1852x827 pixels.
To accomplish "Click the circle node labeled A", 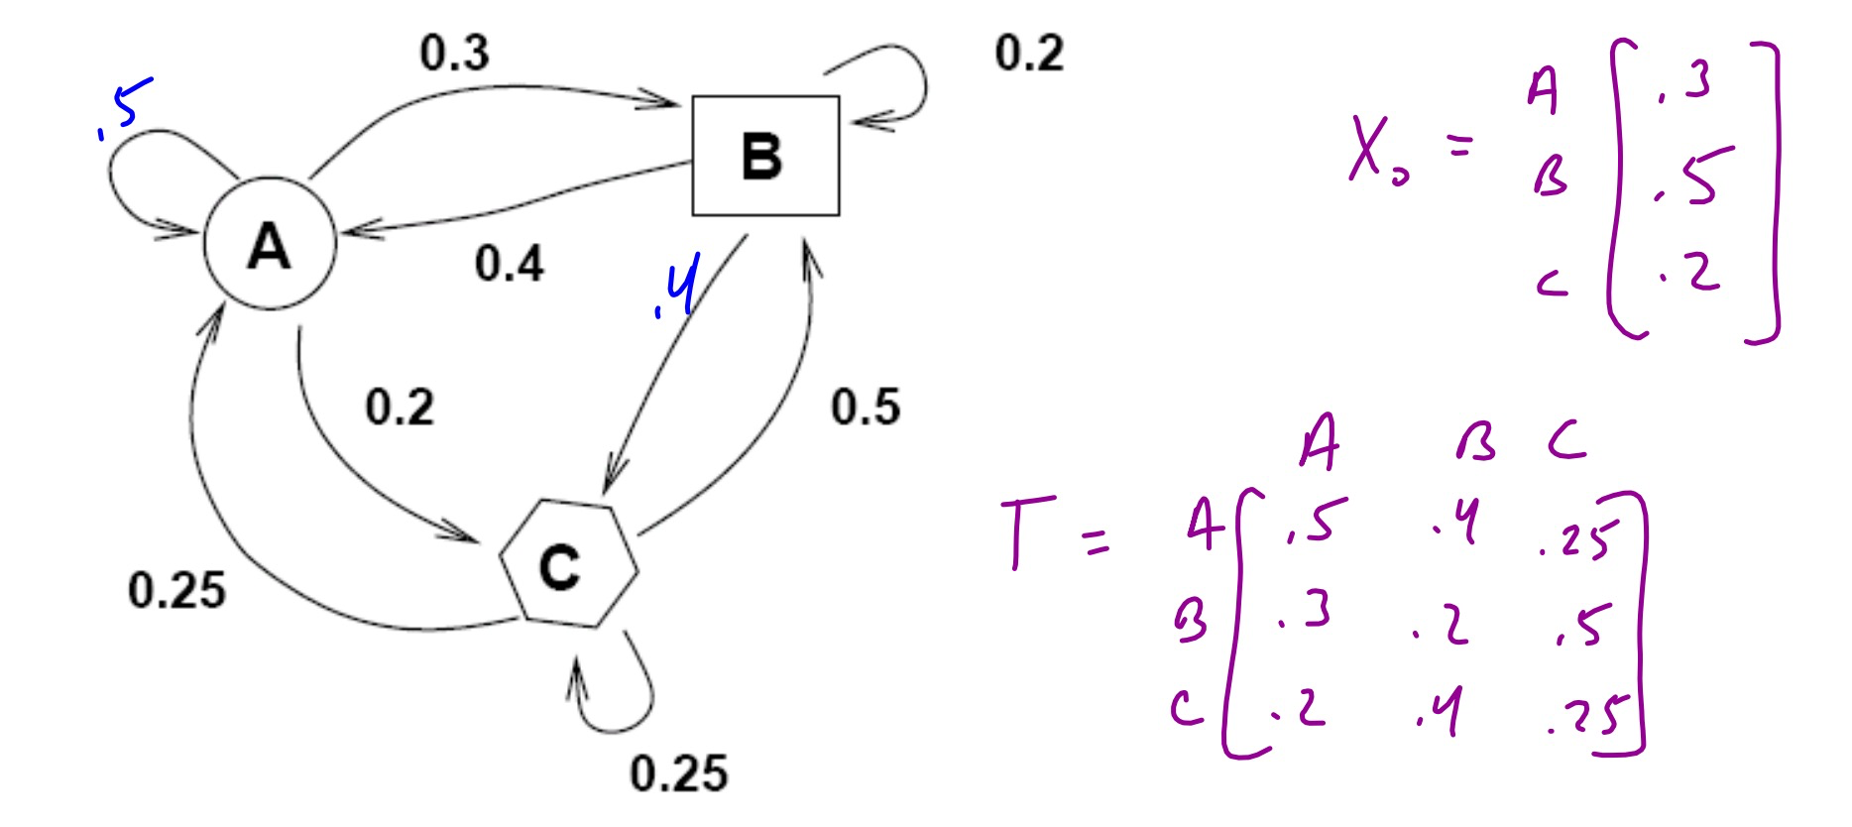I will point(270,245).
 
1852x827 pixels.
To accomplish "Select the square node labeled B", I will point(764,156).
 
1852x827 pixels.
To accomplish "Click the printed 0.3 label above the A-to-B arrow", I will point(454,53).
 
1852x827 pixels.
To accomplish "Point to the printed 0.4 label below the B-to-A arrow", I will point(509,264).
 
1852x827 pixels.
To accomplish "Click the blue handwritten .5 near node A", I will point(125,107).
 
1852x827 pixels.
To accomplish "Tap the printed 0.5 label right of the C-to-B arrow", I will point(865,408).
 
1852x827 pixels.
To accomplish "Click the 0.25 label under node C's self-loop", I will point(678,773).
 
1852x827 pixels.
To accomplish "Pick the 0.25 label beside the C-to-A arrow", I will point(176,591).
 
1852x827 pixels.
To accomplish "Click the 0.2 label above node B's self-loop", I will point(1028,53).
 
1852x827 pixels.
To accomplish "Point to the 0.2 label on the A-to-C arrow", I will point(399,408).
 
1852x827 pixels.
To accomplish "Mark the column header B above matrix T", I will point(1475,443).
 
